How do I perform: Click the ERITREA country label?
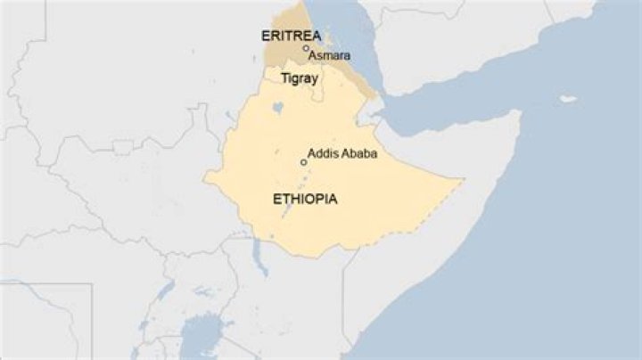coord(290,36)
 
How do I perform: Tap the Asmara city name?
coord(329,56)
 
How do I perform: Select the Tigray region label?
coord(300,78)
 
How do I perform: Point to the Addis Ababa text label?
coord(342,153)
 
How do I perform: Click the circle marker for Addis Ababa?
coord(303,162)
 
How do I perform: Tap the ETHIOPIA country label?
coord(304,199)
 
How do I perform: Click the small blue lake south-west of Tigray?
coord(278,108)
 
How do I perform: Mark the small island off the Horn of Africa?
coord(567,98)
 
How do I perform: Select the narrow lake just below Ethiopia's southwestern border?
coord(259,260)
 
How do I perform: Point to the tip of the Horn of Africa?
coord(520,115)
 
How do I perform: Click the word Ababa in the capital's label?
coord(358,153)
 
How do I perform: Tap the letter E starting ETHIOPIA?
coord(276,199)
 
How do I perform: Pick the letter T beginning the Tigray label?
coord(284,78)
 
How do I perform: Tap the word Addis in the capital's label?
coord(322,153)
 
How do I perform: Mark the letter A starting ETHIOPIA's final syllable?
coord(332,199)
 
